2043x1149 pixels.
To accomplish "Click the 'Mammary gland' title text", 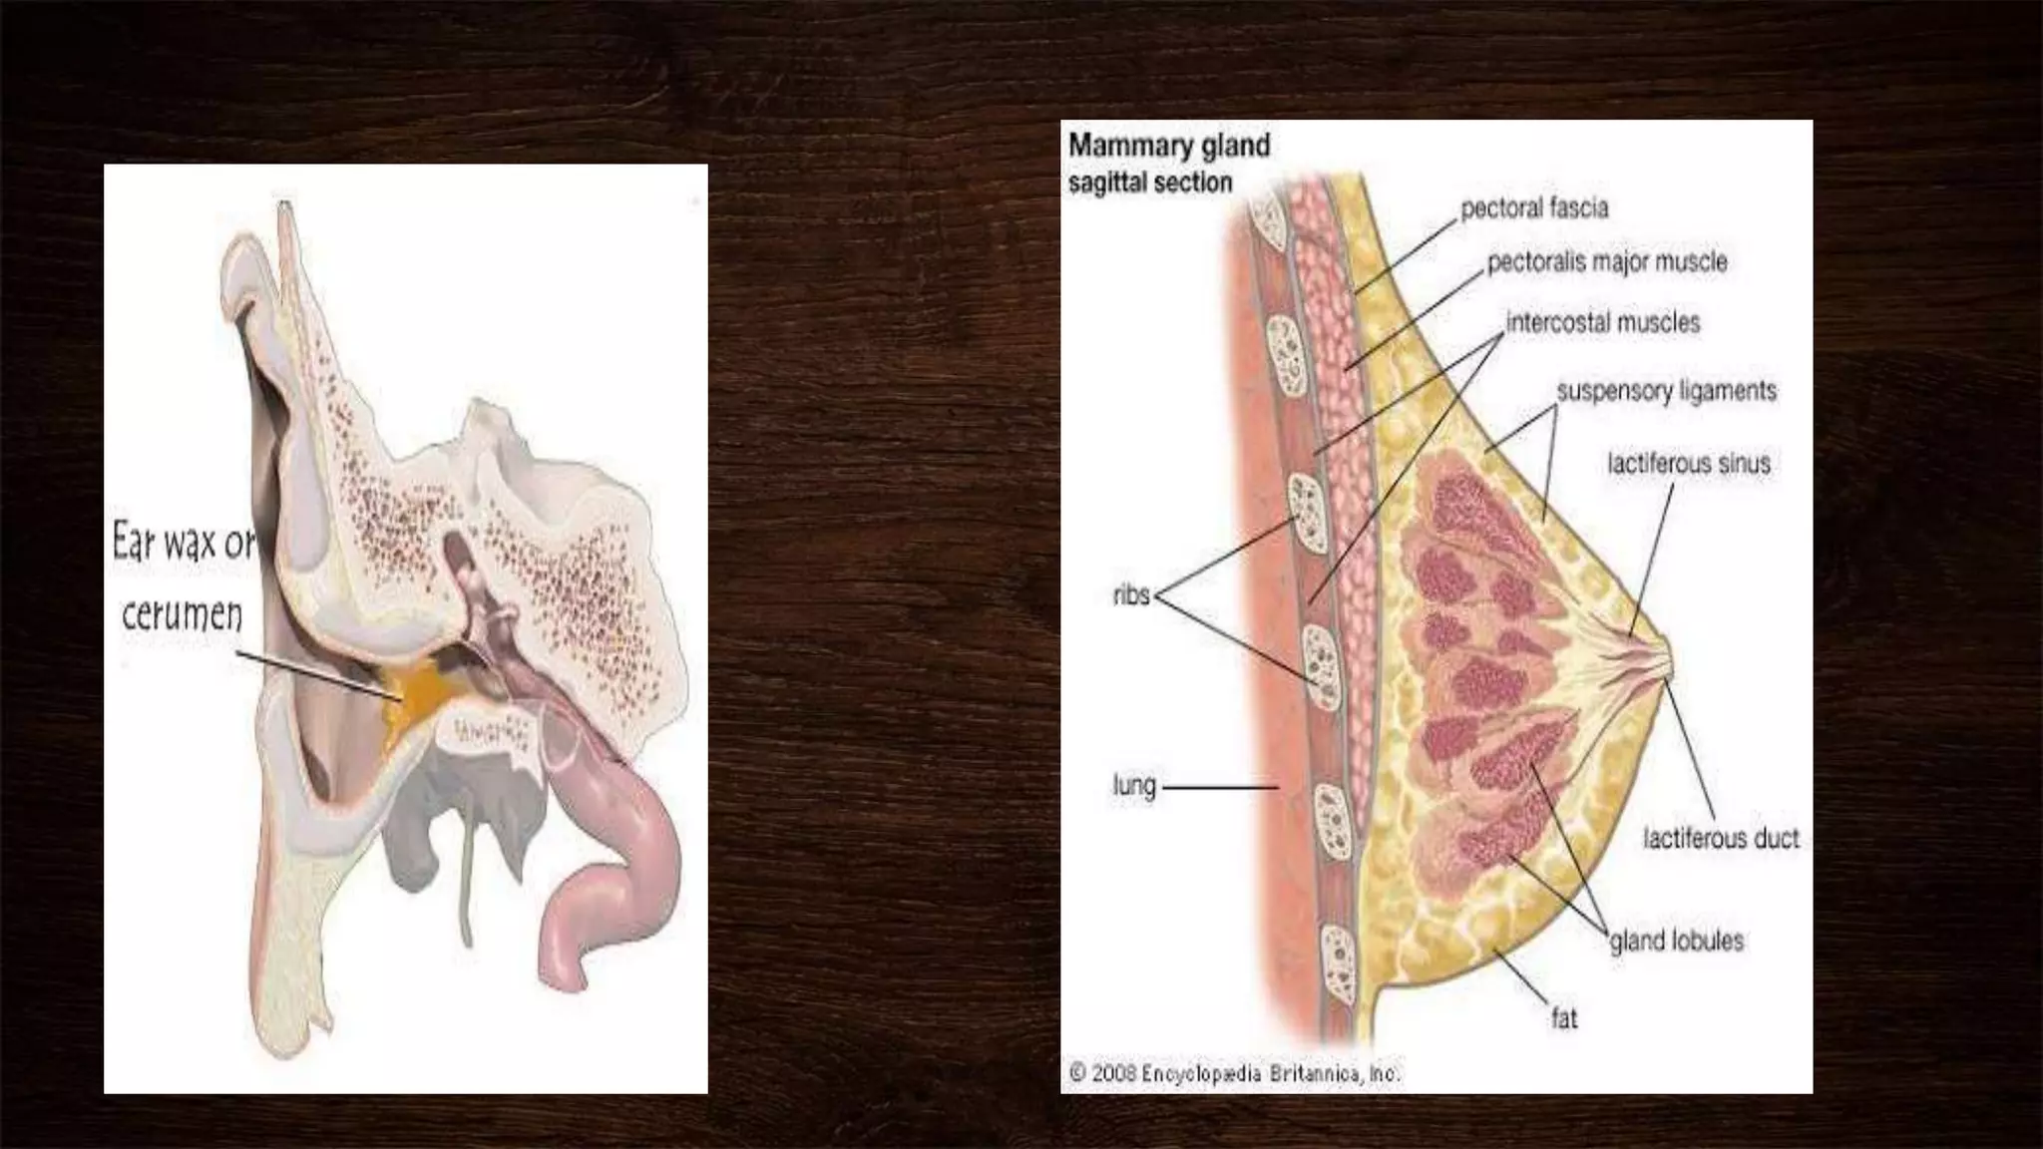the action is click(x=1168, y=146).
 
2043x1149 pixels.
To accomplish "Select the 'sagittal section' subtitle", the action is click(x=1150, y=184).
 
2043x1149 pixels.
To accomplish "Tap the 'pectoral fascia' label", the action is click(x=1534, y=208).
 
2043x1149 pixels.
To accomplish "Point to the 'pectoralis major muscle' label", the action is click(x=1606, y=262).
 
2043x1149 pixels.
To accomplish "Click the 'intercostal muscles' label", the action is click(x=1602, y=323).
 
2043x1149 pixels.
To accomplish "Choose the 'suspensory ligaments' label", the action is click(x=1666, y=391).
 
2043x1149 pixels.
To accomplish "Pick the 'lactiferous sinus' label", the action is click(x=1688, y=464).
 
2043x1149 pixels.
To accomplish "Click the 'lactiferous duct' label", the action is click(x=1721, y=839).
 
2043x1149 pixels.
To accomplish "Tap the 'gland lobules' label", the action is click(x=1676, y=941).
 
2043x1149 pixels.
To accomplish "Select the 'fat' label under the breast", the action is click(x=1563, y=1018).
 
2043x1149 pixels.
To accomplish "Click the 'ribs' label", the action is click(x=1131, y=596).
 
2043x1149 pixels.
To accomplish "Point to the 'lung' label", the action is click(x=1134, y=787).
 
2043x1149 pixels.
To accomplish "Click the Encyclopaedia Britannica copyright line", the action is click(x=1234, y=1074).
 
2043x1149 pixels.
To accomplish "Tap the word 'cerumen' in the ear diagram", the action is click(x=182, y=613).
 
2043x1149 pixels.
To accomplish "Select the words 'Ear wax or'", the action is click(x=184, y=546).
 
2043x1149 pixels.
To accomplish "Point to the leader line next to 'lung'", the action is click(x=1221, y=787).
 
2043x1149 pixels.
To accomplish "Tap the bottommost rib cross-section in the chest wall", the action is click(x=1337, y=968).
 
